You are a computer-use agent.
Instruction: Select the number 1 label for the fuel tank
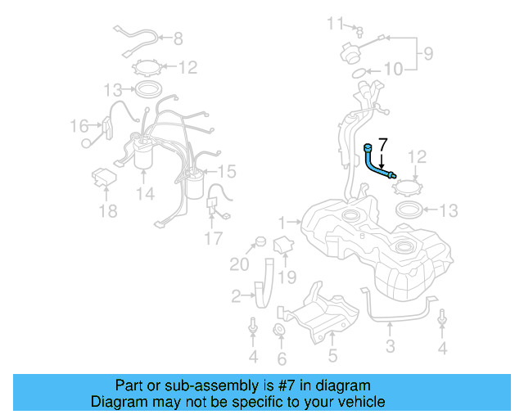point(281,222)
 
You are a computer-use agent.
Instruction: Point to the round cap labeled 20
point(260,241)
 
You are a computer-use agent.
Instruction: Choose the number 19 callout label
point(286,278)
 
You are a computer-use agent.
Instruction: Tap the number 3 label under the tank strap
point(390,346)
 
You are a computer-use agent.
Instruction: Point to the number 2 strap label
point(236,296)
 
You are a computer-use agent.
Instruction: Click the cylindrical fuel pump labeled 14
point(145,155)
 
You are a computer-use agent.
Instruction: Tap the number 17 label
point(213,239)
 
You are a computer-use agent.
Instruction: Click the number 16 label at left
point(79,126)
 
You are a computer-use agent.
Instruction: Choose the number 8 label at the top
point(178,38)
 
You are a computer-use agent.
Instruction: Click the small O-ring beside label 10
point(359,74)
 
